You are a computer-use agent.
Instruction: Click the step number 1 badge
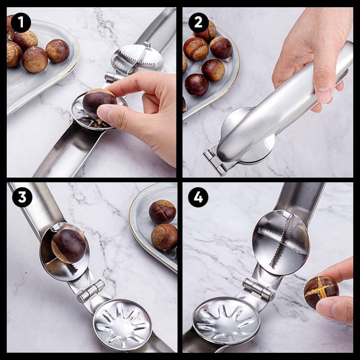(21, 22)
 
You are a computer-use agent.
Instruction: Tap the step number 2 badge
(198, 22)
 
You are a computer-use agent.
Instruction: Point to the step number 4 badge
(198, 197)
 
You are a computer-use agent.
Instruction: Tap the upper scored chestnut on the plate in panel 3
(162, 211)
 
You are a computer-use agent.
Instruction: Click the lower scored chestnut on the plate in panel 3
(164, 237)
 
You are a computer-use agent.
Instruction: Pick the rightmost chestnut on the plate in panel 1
(58, 51)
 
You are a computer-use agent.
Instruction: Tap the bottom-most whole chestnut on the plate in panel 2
(197, 85)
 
